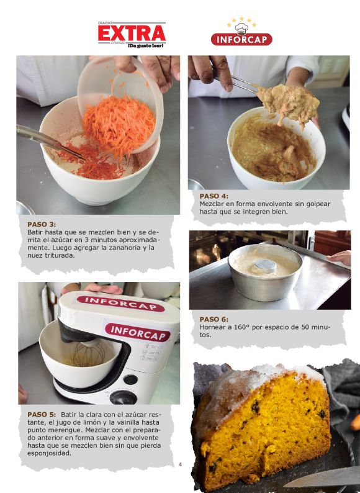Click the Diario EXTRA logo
click(x=132, y=35)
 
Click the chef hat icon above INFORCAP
click(x=241, y=29)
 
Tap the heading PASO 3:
click(x=42, y=225)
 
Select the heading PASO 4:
click(x=214, y=196)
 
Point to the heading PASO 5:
click(x=42, y=414)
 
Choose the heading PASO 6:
click(x=214, y=319)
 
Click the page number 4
click(x=180, y=464)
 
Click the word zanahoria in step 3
click(x=124, y=248)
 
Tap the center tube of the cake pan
click(x=266, y=266)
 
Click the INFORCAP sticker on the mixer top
click(x=121, y=303)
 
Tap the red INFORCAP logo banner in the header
click(x=241, y=39)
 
